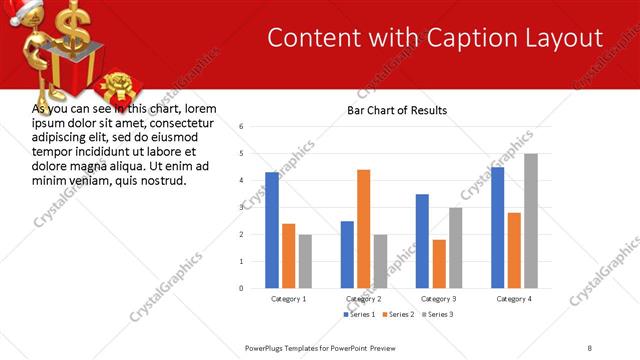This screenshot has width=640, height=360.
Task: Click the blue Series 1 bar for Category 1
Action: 272,230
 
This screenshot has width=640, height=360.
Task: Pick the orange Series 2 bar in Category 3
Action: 439,263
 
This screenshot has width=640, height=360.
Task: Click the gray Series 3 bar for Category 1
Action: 304,261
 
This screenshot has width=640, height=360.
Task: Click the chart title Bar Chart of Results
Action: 397,110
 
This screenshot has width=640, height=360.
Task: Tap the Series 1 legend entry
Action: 361,314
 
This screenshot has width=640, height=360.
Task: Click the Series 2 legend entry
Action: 399,314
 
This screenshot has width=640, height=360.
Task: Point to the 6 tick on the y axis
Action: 241,127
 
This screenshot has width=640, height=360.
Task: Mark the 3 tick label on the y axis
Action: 241,208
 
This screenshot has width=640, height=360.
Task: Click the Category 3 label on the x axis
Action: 439,299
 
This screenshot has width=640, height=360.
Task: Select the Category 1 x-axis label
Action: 289,299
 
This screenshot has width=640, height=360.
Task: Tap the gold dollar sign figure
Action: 70,25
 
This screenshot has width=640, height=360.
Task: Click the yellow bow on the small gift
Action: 119,80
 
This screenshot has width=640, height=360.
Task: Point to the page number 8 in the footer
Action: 590,347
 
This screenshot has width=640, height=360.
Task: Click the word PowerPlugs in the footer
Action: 267,347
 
